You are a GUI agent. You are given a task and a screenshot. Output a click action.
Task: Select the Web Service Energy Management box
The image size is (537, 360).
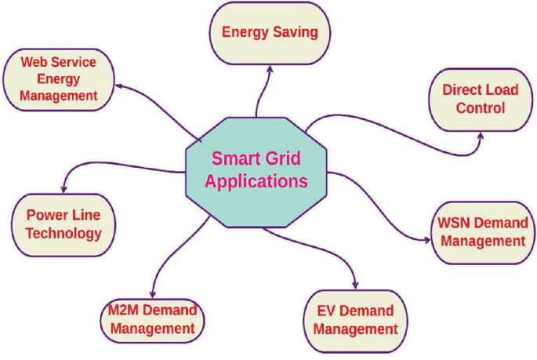click(x=59, y=78)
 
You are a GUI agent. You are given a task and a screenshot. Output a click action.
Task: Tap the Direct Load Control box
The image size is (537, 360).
click(x=480, y=99)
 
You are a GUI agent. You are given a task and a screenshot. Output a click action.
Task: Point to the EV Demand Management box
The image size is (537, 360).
click(x=351, y=320)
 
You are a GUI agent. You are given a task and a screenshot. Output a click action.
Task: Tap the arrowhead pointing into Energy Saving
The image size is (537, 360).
click(x=270, y=67)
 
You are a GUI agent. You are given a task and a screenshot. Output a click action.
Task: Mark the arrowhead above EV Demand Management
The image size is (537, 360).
click(x=357, y=284)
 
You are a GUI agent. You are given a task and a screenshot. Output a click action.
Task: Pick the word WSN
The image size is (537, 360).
click(x=452, y=222)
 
